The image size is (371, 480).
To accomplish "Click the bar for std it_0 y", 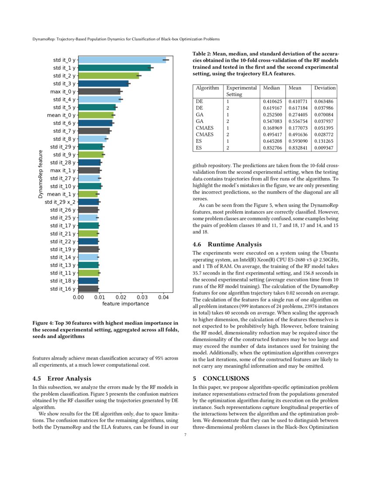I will [122, 60].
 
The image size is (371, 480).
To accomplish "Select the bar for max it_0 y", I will [99, 92].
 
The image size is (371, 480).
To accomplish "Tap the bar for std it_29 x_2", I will [89, 202].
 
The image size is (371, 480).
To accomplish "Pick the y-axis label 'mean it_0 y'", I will [61, 115].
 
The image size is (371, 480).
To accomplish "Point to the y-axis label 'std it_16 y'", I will [62, 289].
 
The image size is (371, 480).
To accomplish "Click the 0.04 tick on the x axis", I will [163, 297].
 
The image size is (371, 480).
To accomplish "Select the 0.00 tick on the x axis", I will [79, 297].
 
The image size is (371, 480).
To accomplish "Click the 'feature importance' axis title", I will [125, 304].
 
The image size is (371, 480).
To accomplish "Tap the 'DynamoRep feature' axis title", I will [40, 175].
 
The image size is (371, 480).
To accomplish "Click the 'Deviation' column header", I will [325, 88].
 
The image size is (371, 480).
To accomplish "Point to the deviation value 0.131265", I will [325, 141].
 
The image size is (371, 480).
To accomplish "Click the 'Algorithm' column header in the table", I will [207, 88].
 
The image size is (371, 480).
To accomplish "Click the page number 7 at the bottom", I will [185, 435].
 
